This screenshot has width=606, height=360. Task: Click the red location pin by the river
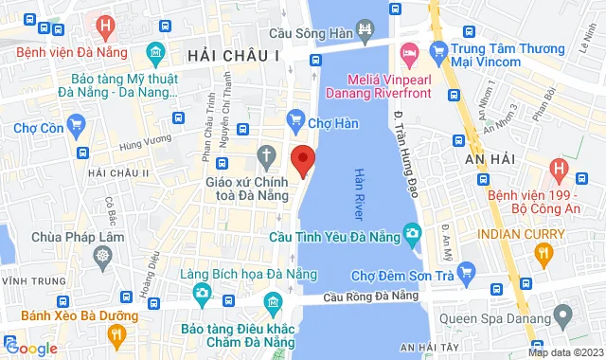coord(302,159)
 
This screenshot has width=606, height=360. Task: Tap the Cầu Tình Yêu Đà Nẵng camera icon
coord(413,233)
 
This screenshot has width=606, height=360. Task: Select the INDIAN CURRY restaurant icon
coord(543,252)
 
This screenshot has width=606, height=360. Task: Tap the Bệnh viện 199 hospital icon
coord(559,172)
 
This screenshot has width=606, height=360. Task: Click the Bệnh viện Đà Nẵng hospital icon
coord(106,26)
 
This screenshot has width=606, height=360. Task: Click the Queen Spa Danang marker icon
coord(564,312)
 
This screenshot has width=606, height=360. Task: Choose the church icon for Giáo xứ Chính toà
coord(268,154)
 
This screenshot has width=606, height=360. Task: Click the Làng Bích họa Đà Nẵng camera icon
coord(201,294)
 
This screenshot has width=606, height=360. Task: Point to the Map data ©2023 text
coord(565,352)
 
